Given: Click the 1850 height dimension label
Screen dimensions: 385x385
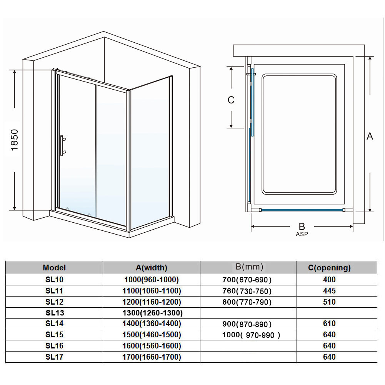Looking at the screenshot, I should [14, 140].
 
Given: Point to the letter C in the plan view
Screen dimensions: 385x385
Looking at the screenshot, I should [231, 100].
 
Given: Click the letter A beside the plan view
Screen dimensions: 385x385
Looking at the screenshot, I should [370, 136].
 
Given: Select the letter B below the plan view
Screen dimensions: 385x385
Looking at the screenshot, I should [302, 227].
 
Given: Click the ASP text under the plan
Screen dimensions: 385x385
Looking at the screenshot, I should [302, 234].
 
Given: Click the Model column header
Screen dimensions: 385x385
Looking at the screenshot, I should [54, 268].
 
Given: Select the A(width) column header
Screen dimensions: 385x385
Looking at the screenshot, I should [152, 268].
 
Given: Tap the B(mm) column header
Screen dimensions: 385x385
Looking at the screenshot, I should [249, 267].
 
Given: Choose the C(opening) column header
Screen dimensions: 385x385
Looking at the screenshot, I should [329, 268].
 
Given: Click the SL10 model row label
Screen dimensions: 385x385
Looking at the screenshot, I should [54, 280].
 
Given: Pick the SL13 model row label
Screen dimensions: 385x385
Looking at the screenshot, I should [54, 313].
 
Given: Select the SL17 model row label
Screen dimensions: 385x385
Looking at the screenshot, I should [54, 357].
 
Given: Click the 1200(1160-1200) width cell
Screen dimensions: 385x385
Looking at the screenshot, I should [152, 302].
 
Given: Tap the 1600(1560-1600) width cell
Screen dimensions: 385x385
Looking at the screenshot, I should [152, 346].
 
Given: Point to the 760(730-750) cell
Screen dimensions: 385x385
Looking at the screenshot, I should [247, 291].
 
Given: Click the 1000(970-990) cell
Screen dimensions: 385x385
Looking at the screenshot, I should [251, 335].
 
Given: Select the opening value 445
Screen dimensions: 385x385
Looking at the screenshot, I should [329, 291].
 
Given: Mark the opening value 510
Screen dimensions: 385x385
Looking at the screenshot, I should [329, 302].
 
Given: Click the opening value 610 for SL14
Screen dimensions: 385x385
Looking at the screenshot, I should [329, 324].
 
